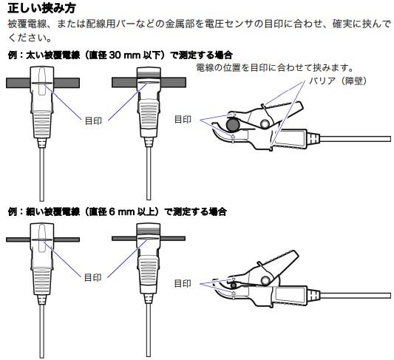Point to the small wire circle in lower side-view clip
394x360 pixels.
click(x=233, y=285)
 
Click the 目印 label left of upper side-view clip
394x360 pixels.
click(x=183, y=119)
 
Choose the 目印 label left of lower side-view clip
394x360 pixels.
click(x=183, y=283)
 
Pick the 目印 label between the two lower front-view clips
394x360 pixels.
click(x=93, y=277)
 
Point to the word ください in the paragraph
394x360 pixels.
click(x=26, y=37)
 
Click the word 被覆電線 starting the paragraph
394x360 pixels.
click(x=26, y=24)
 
